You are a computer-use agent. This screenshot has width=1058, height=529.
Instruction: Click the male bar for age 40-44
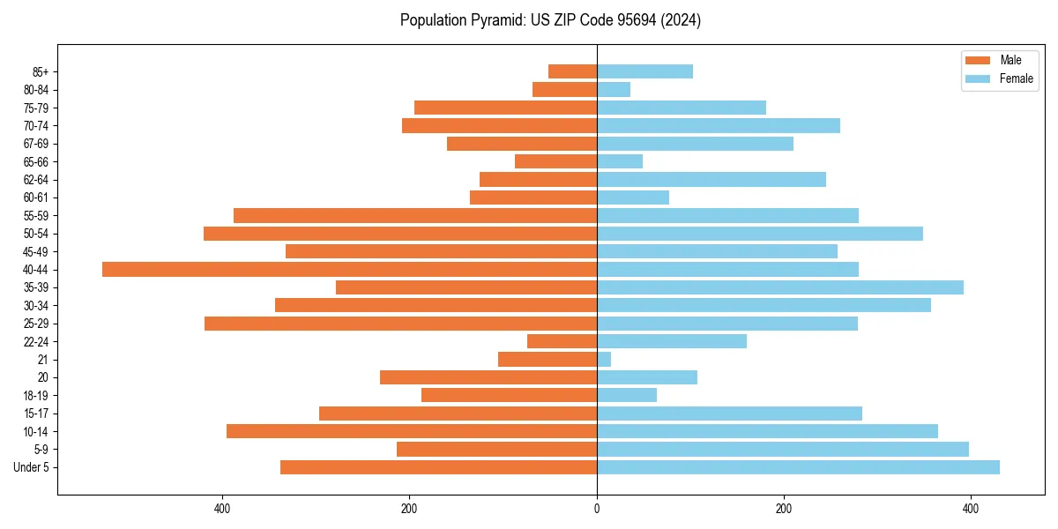(349, 269)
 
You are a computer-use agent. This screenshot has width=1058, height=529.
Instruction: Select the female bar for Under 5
(798, 467)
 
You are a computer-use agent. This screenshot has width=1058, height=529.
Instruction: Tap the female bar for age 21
(604, 359)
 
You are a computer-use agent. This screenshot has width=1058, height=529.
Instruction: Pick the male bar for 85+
(572, 71)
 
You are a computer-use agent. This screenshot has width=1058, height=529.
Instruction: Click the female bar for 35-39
(779, 287)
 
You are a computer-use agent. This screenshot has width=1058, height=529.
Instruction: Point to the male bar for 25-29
(400, 324)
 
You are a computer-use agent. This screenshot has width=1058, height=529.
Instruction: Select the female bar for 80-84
(614, 89)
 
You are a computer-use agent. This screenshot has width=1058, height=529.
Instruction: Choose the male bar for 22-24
(562, 341)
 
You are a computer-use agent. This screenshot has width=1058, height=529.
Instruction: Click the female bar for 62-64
(711, 179)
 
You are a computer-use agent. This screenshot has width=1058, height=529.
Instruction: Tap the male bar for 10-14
(411, 431)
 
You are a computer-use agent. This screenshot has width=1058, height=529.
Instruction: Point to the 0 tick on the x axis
(597, 509)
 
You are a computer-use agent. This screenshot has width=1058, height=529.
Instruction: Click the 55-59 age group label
(34, 215)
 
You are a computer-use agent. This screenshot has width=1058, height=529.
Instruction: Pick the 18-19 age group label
(34, 395)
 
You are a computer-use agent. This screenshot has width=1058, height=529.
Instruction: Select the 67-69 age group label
(34, 144)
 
